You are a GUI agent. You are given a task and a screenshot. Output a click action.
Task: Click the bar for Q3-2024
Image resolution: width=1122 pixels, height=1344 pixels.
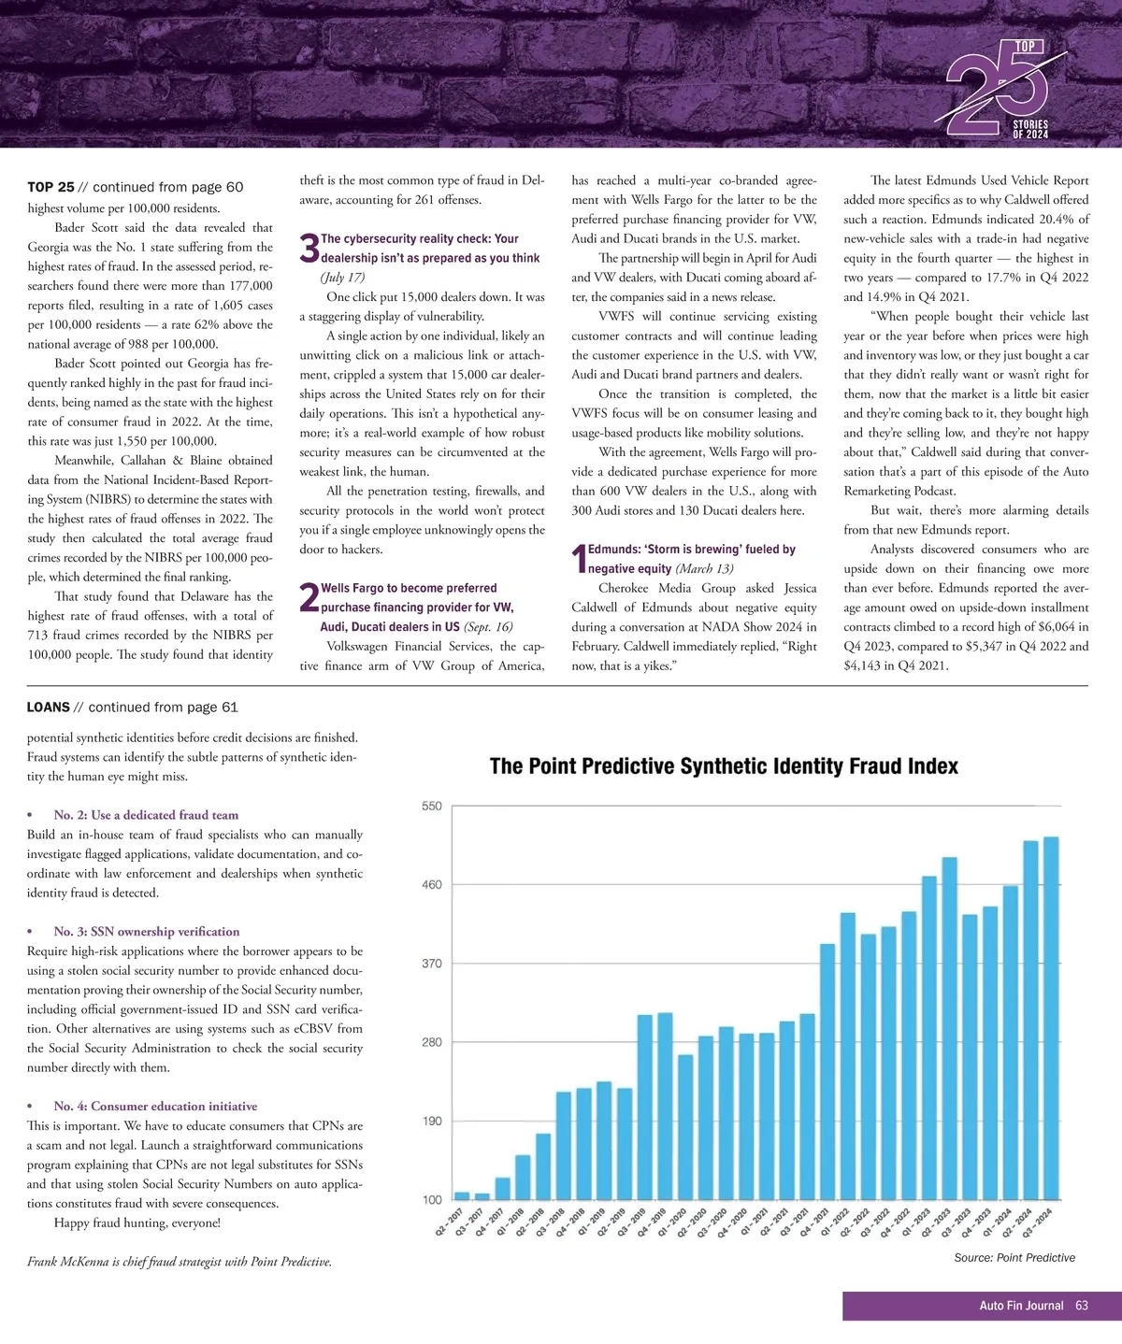[x=1051, y=1018]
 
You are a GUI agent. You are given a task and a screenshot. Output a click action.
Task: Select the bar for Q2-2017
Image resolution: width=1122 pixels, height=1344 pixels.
[x=462, y=1195]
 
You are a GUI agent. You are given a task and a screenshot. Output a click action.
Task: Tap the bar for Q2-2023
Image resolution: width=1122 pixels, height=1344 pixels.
[x=949, y=1028]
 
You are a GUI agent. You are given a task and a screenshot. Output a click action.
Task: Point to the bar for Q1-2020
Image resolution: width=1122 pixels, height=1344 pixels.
[x=685, y=1126]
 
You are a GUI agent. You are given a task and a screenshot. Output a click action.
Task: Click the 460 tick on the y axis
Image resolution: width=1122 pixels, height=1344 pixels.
[x=431, y=884]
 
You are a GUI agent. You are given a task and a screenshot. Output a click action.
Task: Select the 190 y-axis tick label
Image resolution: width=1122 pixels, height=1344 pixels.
[x=431, y=1121]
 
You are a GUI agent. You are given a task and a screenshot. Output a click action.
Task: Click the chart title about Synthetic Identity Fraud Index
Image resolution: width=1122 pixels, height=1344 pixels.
[x=724, y=766]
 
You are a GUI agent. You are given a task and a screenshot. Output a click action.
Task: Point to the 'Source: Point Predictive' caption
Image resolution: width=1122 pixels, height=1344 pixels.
[x=1014, y=1258]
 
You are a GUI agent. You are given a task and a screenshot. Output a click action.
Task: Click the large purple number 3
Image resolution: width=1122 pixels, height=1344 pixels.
[x=309, y=249]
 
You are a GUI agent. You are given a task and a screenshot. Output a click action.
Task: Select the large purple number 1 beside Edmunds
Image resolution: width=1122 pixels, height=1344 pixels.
[x=579, y=559]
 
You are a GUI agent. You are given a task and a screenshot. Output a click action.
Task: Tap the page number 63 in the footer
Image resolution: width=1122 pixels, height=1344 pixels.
[x=1082, y=1306]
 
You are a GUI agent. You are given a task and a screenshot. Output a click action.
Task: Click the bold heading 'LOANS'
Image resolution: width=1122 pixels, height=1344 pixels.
[x=49, y=708]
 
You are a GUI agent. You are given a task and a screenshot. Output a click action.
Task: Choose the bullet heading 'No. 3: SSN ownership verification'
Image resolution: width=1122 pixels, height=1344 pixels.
[x=146, y=932]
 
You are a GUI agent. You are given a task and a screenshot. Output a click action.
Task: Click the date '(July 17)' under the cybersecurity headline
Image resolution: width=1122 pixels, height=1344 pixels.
[x=342, y=278]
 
